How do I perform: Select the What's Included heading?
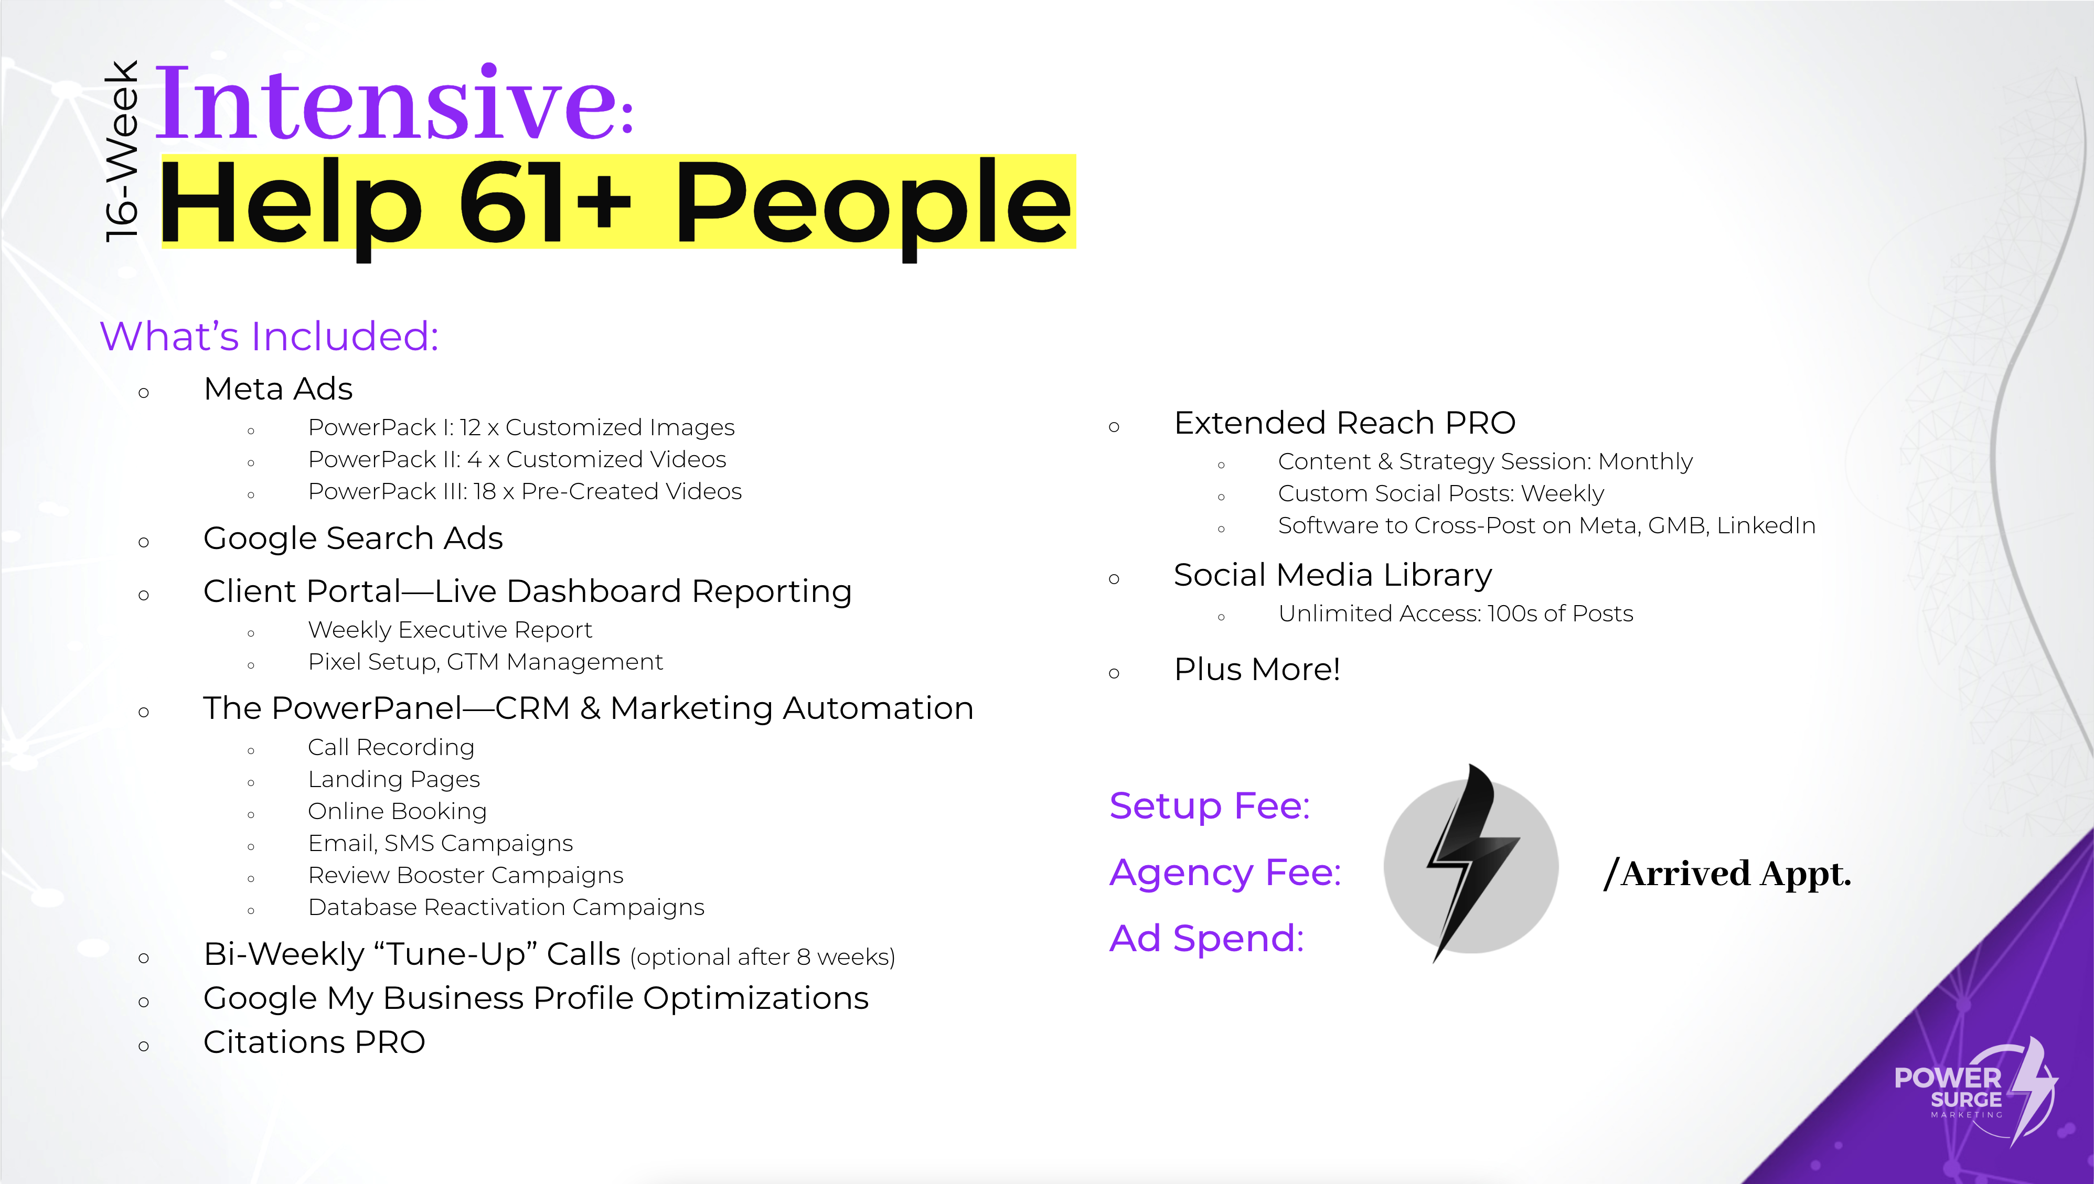(x=269, y=336)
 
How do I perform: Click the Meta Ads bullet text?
(x=278, y=389)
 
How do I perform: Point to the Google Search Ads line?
(x=353, y=539)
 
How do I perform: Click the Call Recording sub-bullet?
(x=391, y=747)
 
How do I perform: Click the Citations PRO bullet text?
(x=314, y=1042)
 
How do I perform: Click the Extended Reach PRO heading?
(x=1345, y=423)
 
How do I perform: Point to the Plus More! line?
(x=1257, y=669)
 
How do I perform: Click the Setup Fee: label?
(x=1210, y=806)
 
